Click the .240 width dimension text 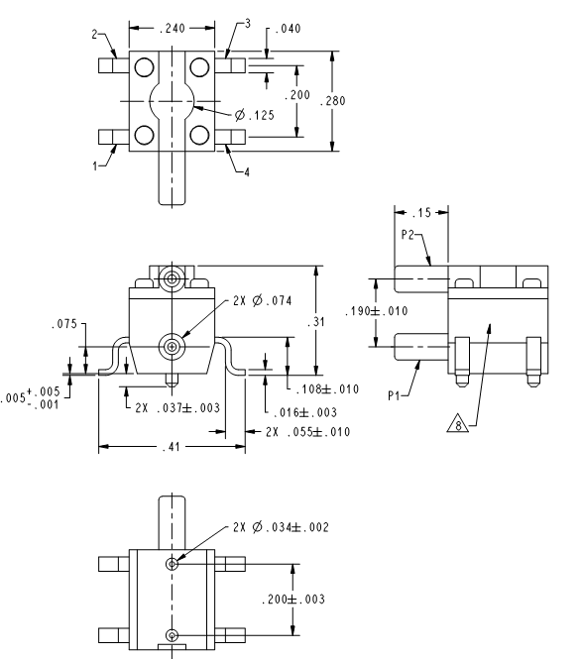[x=173, y=28]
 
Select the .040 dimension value [x=288, y=29]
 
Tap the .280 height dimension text [x=332, y=101]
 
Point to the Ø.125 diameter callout [x=254, y=115]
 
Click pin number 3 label [x=248, y=24]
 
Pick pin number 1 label [x=95, y=166]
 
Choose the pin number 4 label [x=247, y=171]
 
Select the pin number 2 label [x=94, y=34]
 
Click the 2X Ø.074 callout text [x=262, y=300]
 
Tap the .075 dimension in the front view [x=64, y=324]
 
